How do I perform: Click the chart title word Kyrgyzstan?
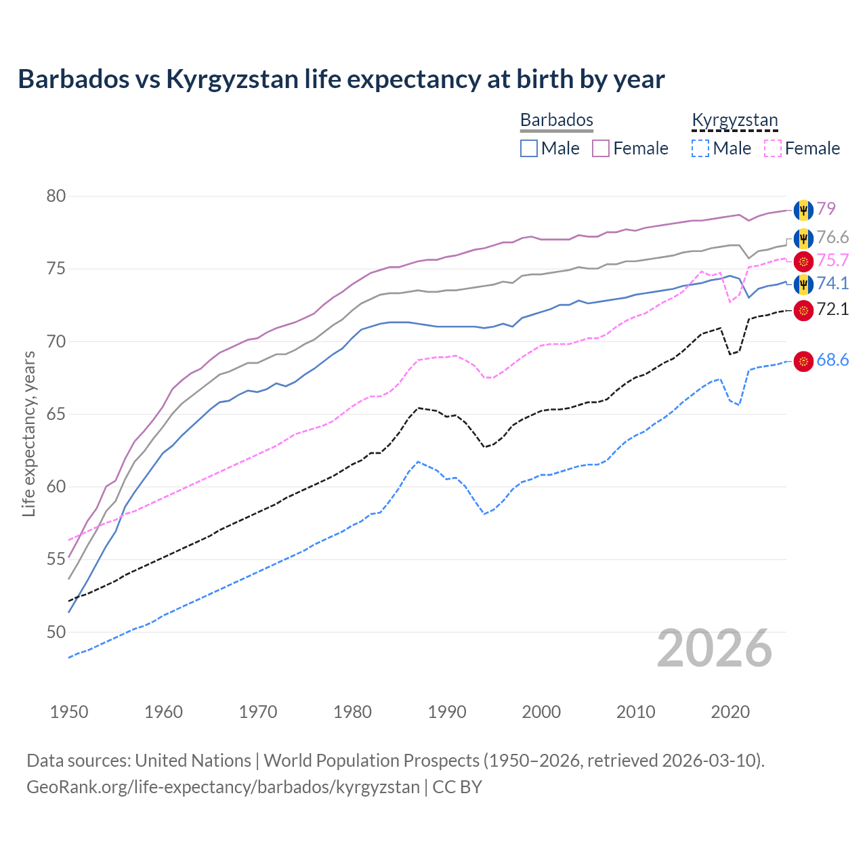[232, 79]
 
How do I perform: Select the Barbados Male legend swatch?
[529, 148]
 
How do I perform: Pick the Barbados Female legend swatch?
[601, 148]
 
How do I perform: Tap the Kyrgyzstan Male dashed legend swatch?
[700, 148]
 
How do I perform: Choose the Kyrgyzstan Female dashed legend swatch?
[773, 148]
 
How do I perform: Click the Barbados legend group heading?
[556, 120]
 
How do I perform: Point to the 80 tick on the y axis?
[56, 196]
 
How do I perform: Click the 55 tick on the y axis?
[56, 559]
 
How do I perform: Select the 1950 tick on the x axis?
[69, 712]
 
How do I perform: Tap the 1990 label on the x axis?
[447, 712]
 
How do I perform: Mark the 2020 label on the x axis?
[730, 712]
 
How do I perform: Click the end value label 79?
[826, 209]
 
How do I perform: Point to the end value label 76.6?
[832, 238]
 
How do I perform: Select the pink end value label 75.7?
[832, 261]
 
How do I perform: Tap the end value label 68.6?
[832, 360]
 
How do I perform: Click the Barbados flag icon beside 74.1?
[803, 284]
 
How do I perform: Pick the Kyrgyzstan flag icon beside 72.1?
[803, 310]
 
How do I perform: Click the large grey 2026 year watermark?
[715, 648]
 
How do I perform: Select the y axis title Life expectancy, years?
[29, 433]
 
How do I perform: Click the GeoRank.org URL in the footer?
[223, 787]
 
